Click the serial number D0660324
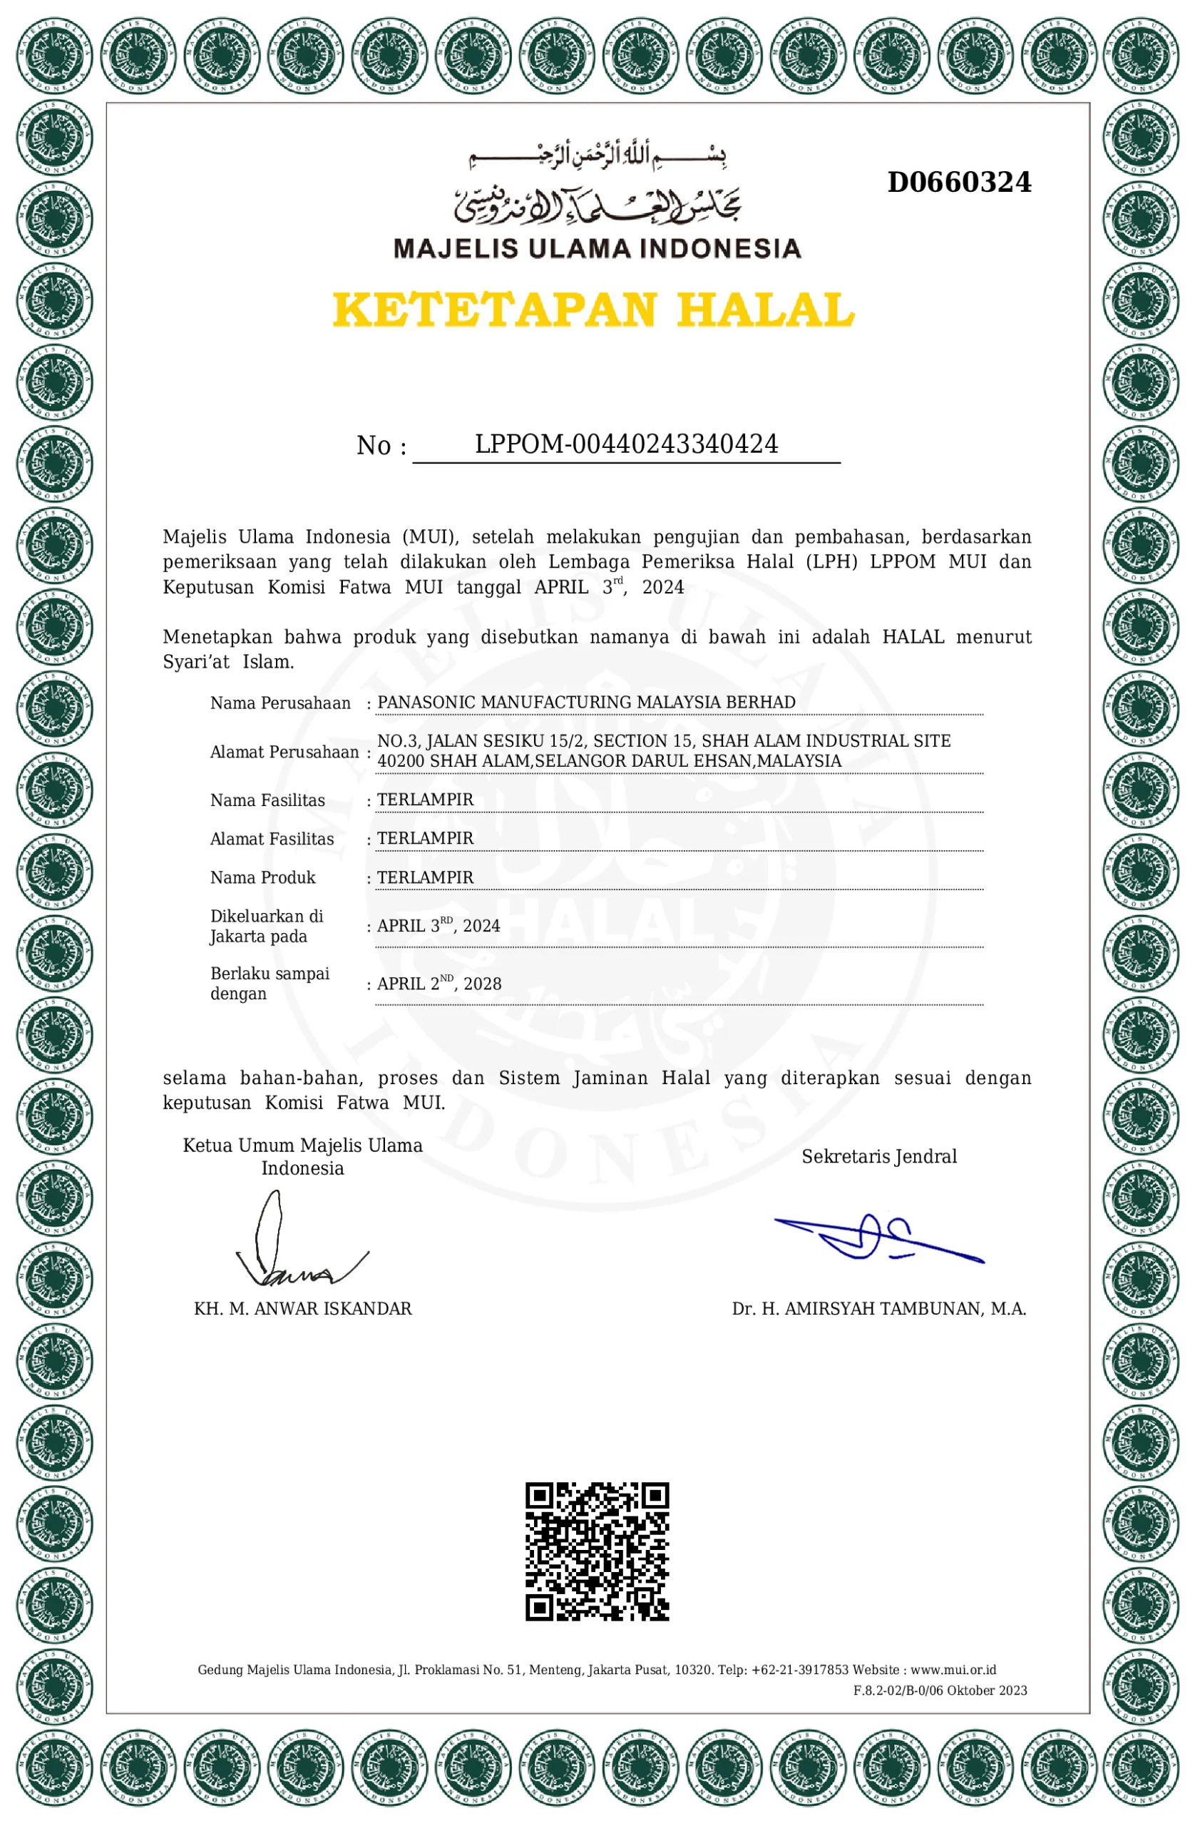[x=959, y=183]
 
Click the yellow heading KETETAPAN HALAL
[x=593, y=309]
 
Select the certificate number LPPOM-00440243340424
[x=626, y=444]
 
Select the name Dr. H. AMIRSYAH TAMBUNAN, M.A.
[x=878, y=1309]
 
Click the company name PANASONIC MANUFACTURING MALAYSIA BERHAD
[x=586, y=702]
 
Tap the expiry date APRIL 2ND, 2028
[x=438, y=984]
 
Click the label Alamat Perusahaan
[x=284, y=752]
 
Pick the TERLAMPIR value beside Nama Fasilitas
[x=425, y=800]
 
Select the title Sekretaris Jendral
[x=879, y=1156]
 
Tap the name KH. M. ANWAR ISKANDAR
[x=302, y=1309]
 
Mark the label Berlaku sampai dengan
[x=270, y=983]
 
